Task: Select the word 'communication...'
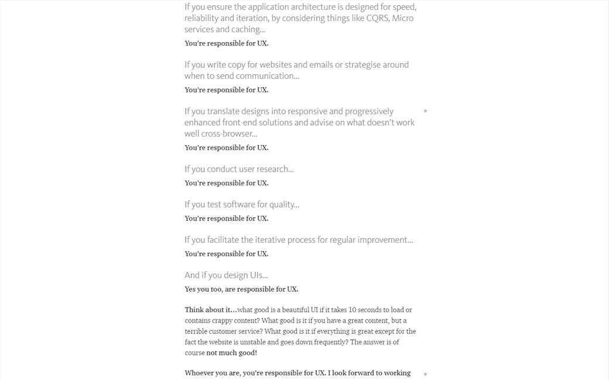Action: coord(269,76)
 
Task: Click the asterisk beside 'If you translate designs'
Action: coord(425,112)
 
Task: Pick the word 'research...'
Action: coord(275,170)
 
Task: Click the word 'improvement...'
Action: coord(383,240)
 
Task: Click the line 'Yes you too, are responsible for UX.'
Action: coord(241,289)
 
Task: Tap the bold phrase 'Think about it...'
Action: coord(211,310)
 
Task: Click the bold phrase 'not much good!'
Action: coord(231,353)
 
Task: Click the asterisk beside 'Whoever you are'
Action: coord(425,375)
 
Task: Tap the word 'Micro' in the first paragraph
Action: coord(402,18)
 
